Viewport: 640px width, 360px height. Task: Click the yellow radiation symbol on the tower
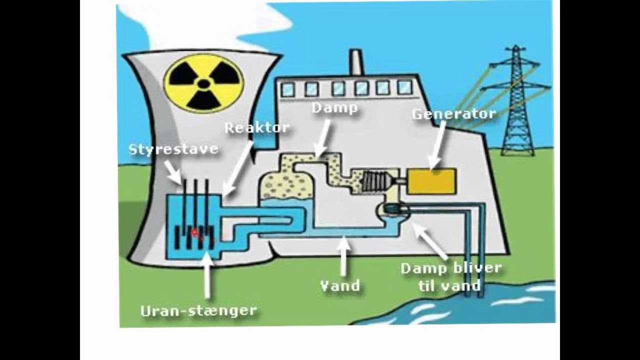205,82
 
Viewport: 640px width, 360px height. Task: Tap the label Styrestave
173,149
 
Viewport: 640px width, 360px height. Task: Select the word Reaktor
256,127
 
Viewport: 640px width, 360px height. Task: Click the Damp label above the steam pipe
334,107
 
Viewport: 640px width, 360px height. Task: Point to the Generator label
453,113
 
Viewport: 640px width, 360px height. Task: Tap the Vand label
340,285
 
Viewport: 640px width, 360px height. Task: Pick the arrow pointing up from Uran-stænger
206,275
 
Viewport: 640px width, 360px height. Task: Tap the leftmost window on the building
288,89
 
